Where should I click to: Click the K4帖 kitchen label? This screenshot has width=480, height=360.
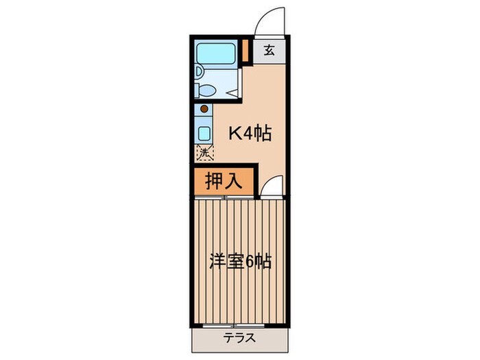pos(250,133)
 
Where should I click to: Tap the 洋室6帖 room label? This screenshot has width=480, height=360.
pos(241,261)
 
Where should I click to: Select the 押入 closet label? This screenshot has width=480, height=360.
pos(224,181)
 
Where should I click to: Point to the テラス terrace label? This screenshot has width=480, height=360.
pos(239,338)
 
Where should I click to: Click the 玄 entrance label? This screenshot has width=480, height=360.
pos(269,50)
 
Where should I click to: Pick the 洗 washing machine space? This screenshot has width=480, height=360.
pos(204,152)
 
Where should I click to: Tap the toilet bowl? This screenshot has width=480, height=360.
pos(206,91)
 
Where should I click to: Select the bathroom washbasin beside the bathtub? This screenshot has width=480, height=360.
pos(198,72)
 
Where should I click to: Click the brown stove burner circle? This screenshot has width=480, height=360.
pos(204,108)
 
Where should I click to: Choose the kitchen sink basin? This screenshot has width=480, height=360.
pos(204,133)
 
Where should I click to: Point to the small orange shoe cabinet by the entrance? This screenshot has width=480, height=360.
pos(245,50)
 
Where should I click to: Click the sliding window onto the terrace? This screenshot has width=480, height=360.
pos(234,325)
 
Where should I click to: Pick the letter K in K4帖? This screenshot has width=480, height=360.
pos(235,134)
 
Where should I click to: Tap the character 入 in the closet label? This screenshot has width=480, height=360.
pos(234,181)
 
